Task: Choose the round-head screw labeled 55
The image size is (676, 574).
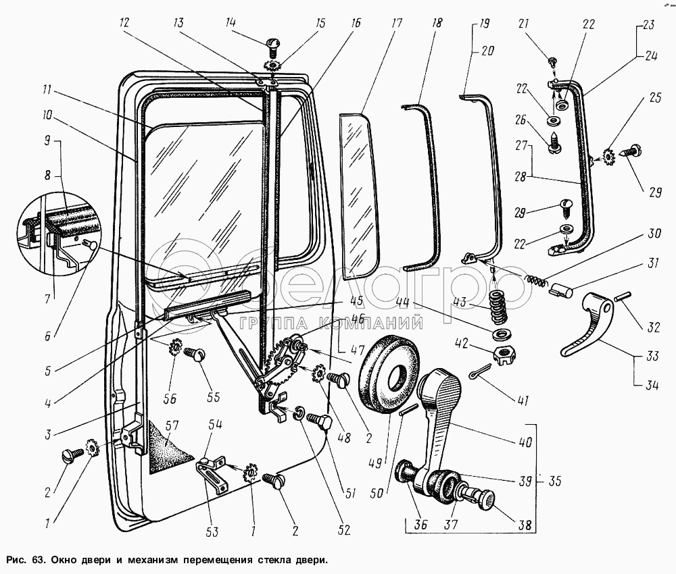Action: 197,354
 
